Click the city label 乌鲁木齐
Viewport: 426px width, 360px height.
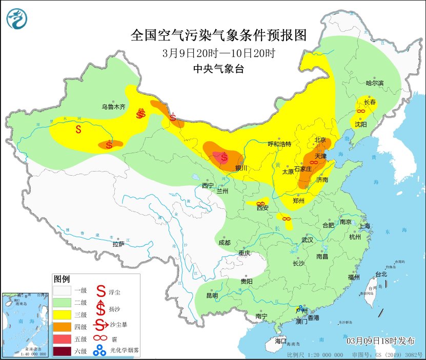113,107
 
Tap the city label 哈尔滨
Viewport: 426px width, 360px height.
375,83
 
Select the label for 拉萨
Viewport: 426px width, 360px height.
118,244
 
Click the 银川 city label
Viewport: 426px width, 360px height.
241,168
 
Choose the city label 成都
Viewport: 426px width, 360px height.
225,242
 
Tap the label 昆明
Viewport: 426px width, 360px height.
212,295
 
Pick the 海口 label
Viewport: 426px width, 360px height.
280,341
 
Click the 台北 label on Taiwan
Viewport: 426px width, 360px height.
381,274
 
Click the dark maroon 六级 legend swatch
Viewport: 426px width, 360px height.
63,351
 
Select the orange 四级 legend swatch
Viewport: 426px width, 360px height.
63,327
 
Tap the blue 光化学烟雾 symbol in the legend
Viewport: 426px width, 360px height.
101,351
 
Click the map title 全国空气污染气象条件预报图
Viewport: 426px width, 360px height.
218,35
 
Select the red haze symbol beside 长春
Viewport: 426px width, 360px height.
361,111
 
